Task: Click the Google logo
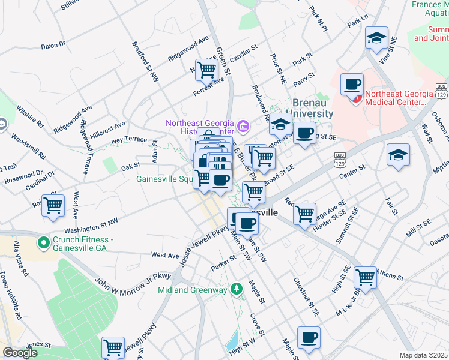click(20, 353)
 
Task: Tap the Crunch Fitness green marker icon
click(43, 243)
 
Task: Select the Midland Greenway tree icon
click(237, 289)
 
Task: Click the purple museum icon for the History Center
click(243, 126)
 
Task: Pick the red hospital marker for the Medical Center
click(357, 98)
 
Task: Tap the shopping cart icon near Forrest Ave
click(206, 70)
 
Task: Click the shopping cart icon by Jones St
click(113, 347)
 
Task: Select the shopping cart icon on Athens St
click(365, 277)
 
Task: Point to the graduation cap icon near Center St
click(398, 154)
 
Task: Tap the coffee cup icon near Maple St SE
click(309, 337)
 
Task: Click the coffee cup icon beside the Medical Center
click(352, 83)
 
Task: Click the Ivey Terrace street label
click(128, 139)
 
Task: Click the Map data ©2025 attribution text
click(423, 355)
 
